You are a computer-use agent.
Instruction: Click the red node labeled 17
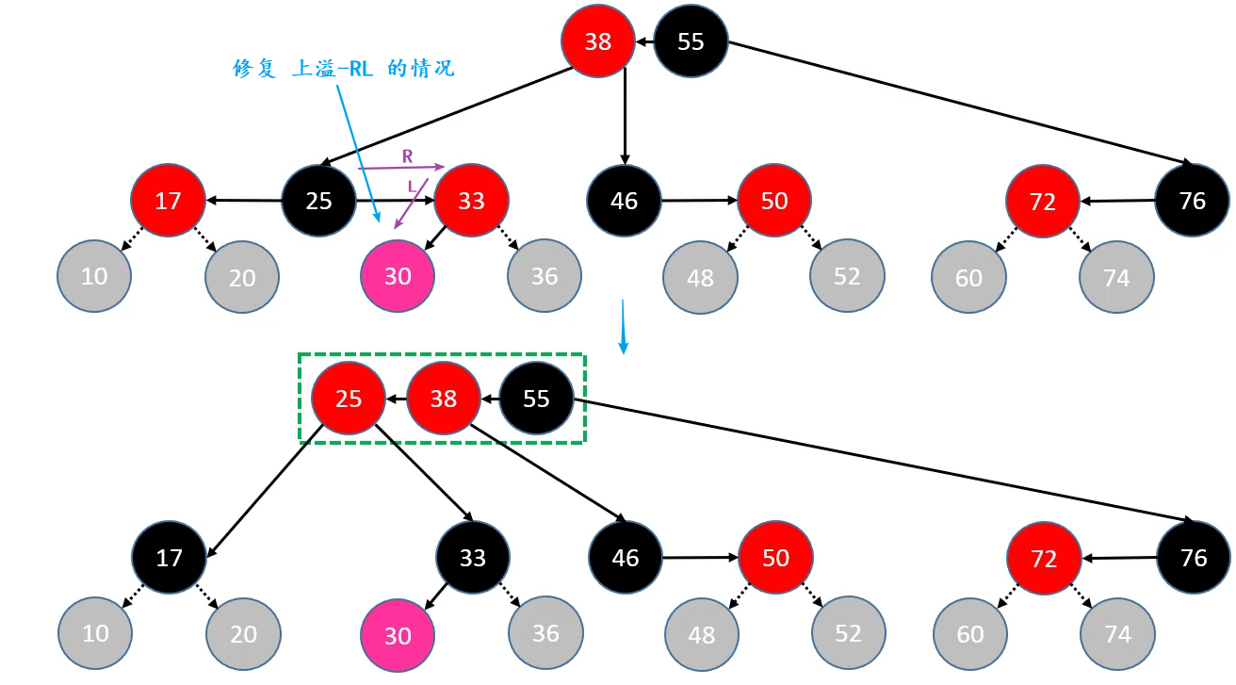[x=169, y=201]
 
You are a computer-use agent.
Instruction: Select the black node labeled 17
[x=170, y=558]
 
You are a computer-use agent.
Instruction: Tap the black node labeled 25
[x=319, y=201]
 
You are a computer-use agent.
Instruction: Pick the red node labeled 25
[x=349, y=399]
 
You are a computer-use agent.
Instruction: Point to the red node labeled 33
[x=471, y=201]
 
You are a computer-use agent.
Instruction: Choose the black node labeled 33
[x=473, y=558]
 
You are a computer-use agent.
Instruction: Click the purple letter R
[x=407, y=155]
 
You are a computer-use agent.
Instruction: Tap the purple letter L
[x=412, y=188]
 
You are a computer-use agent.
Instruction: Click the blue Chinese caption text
[x=344, y=69]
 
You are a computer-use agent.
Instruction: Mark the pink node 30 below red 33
[x=398, y=276]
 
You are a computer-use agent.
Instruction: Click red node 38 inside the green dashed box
[x=443, y=399]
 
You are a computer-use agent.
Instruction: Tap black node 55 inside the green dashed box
[x=536, y=399]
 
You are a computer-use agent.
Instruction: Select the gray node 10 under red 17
[x=94, y=277]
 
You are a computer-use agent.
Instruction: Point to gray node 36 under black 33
[x=545, y=634]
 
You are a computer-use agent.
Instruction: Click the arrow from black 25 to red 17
[x=245, y=200]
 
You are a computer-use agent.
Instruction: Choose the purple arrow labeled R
[x=400, y=168]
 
